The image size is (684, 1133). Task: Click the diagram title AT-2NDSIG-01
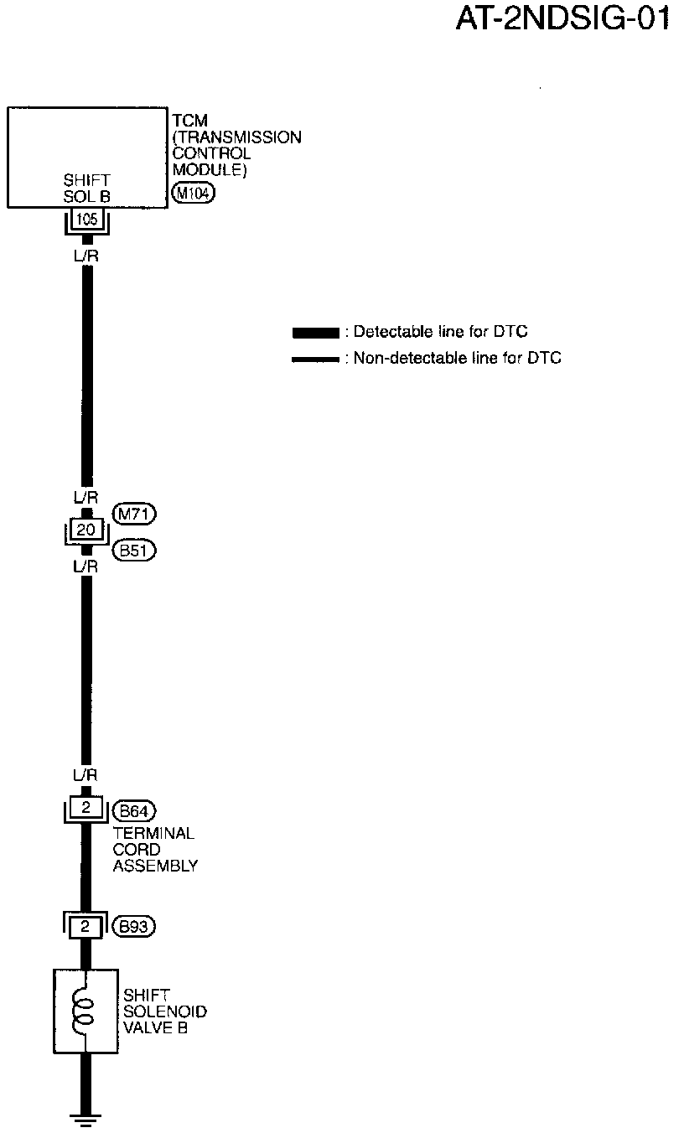click(563, 18)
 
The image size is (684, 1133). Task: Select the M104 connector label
click(193, 194)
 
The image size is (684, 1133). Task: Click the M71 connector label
click(134, 513)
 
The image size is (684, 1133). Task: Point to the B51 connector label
click(134, 551)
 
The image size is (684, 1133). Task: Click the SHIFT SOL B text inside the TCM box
click(87, 188)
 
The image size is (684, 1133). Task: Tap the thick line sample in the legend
click(315, 333)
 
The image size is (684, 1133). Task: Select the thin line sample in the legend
click(315, 360)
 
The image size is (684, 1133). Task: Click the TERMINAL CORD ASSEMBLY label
click(154, 850)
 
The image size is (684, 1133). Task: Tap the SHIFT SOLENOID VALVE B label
click(164, 1011)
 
